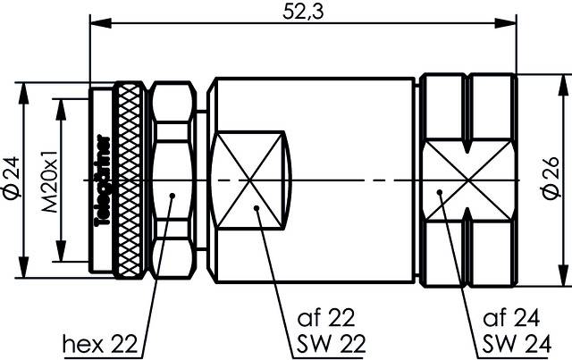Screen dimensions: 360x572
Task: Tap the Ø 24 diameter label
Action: [x=12, y=177]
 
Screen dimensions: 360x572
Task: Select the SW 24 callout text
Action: [x=514, y=342]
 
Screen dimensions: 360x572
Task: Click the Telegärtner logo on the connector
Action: [x=101, y=179]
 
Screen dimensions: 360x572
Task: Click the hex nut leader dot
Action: [x=172, y=192]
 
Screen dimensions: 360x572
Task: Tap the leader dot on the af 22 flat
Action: [x=257, y=209]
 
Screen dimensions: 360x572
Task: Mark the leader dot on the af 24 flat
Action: [x=441, y=192]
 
